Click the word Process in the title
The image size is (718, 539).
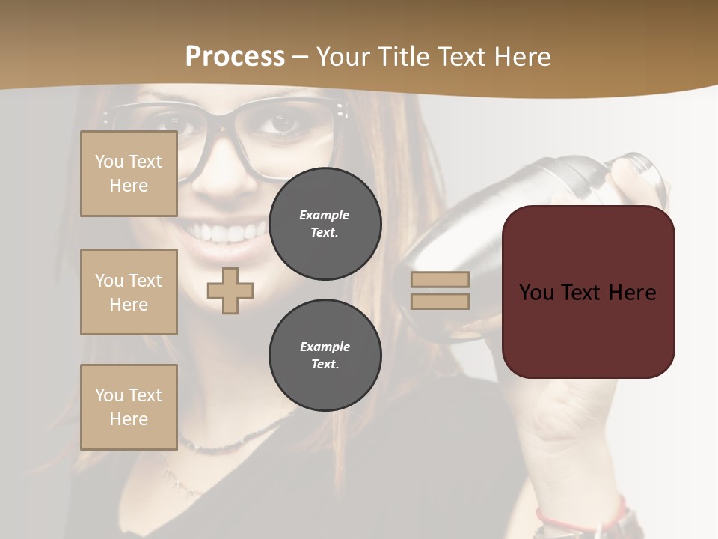click(235, 57)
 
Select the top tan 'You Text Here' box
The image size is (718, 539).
click(129, 174)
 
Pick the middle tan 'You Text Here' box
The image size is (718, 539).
click(129, 292)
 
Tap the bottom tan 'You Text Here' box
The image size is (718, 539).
click(129, 406)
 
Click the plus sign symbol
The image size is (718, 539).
click(230, 290)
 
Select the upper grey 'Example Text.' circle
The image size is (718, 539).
click(325, 224)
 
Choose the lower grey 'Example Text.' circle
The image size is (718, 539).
click(325, 356)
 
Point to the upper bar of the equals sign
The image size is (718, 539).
click(440, 280)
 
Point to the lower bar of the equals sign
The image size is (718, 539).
click(440, 301)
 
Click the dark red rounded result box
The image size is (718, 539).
click(588, 292)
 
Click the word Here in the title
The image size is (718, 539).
click(520, 57)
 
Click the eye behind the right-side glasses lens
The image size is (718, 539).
click(284, 124)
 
